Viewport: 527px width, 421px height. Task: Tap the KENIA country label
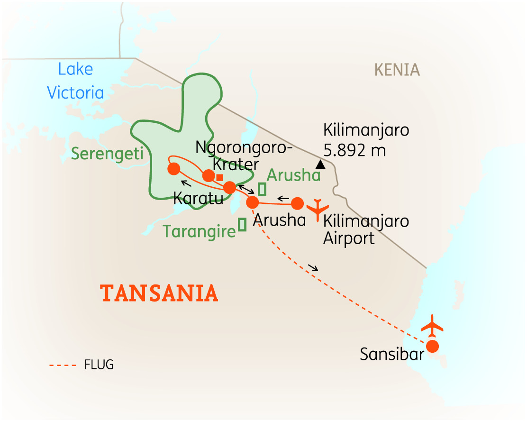(x=397, y=70)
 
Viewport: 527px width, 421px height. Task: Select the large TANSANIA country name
(x=159, y=293)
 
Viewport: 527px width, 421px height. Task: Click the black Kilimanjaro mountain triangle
(x=321, y=165)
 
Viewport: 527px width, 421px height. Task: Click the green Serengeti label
(x=100, y=153)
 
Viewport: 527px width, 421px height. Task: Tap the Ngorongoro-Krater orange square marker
(x=220, y=177)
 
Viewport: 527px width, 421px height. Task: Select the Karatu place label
(x=198, y=198)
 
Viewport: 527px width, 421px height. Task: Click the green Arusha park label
(x=293, y=175)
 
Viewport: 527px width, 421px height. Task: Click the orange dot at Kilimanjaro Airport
(x=297, y=203)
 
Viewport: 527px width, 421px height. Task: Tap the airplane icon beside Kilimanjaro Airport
(x=317, y=209)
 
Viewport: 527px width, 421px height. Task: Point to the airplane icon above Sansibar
(x=432, y=325)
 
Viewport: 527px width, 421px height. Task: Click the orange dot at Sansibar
(x=433, y=346)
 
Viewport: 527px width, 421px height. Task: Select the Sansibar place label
(x=391, y=355)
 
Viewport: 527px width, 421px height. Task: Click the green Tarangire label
(x=199, y=231)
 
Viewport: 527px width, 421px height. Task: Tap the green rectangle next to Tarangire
(x=242, y=224)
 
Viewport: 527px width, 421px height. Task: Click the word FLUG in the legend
(x=99, y=365)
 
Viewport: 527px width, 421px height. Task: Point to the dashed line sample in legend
(x=63, y=365)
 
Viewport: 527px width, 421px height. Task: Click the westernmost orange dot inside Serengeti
(x=174, y=168)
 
